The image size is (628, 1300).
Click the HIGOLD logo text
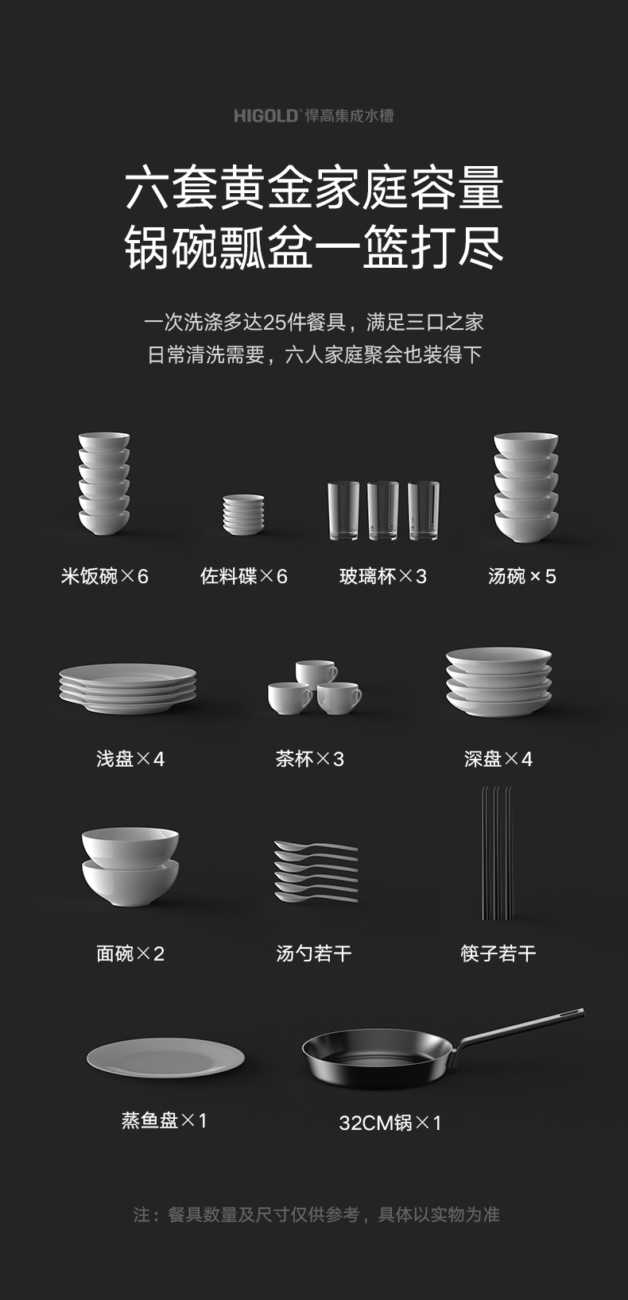point(266,115)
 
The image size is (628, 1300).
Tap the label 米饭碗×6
point(104,576)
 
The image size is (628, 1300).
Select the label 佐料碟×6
point(244,576)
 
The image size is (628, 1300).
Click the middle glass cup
point(382,511)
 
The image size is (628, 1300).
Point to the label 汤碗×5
point(521,576)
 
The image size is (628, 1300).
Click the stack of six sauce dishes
point(244,514)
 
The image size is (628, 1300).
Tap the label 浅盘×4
point(130,759)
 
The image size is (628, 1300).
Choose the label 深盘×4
point(498,759)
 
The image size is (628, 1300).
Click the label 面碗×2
point(130,954)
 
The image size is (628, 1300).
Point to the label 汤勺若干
point(314,954)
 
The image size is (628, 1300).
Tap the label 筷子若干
point(498,954)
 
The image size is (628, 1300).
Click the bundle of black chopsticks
point(497,853)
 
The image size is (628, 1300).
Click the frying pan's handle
point(518,1031)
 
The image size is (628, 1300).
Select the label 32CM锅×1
point(390,1123)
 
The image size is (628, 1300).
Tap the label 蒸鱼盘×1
point(164,1120)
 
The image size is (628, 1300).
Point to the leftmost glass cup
point(343,511)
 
